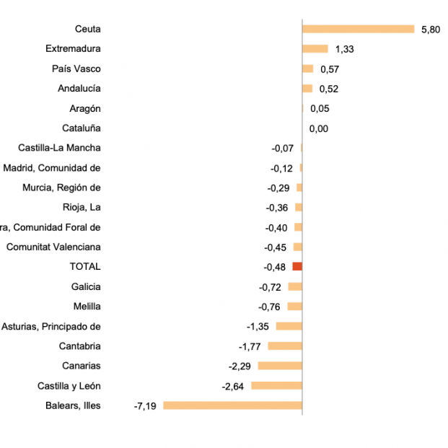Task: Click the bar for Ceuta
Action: coord(358,29)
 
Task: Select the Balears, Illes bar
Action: coord(232,405)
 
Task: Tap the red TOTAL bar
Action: coord(297,267)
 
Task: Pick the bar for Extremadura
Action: coord(315,49)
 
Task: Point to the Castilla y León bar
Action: coord(276,386)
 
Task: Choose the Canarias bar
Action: coord(280,366)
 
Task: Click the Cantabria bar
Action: coord(285,346)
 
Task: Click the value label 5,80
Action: coord(430,30)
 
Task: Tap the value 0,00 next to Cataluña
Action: coord(319,128)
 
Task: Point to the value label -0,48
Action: coord(275,267)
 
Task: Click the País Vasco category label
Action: coord(76,69)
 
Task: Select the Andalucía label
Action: coord(79,89)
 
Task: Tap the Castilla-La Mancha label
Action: coord(59,148)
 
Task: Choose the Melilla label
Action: coord(87,307)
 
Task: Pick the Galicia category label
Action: coord(86,286)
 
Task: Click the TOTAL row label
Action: coord(85,267)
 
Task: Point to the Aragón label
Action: coord(85,108)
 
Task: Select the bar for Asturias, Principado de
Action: coord(289,326)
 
